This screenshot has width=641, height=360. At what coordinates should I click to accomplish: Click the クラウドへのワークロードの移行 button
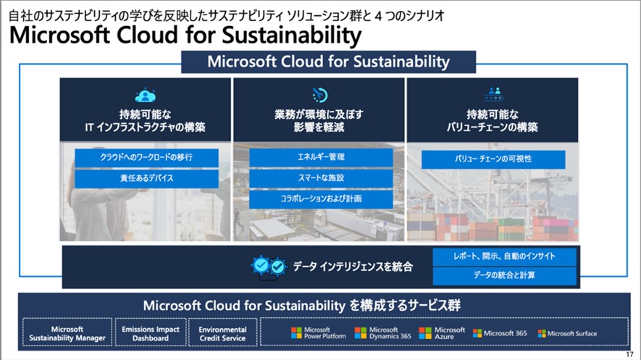(x=146, y=157)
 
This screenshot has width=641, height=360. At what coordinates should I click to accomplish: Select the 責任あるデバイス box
(x=146, y=178)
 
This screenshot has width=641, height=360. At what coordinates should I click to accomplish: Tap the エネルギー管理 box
(x=321, y=157)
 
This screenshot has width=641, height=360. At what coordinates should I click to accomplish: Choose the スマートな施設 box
(x=321, y=178)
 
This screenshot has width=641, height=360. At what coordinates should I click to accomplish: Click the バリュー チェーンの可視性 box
(x=493, y=159)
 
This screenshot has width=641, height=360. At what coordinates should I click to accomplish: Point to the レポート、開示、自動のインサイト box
(x=505, y=256)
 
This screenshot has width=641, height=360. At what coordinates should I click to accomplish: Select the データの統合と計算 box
(x=505, y=276)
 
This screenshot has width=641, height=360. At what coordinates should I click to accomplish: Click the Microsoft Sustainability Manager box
(x=67, y=333)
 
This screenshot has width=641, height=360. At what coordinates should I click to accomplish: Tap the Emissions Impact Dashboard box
(x=151, y=333)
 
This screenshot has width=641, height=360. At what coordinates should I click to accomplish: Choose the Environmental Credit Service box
(x=222, y=333)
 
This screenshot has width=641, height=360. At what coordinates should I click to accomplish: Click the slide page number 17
(x=629, y=354)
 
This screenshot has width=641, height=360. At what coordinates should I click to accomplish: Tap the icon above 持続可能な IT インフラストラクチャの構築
(x=146, y=95)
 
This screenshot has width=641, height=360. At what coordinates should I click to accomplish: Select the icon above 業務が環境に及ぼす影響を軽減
(x=320, y=95)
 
